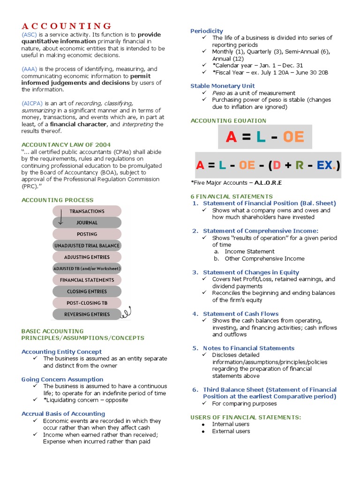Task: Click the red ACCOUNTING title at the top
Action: tap(67, 26)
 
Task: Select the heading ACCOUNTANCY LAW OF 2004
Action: tap(66, 145)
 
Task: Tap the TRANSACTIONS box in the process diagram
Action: tap(87, 211)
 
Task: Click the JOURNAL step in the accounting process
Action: tap(87, 223)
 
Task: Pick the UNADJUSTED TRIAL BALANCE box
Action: tap(87, 246)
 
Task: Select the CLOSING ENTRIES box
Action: tap(87, 292)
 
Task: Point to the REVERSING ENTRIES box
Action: tap(87, 314)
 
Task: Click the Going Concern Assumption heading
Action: tap(62, 379)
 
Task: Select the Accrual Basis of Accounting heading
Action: tap(63, 413)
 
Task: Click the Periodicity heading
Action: tap(207, 31)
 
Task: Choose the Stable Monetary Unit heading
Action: tap(223, 86)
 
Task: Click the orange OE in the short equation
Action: tap(293, 137)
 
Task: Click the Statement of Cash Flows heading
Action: tap(240, 314)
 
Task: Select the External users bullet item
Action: tap(231, 431)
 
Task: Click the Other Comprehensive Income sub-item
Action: tap(264, 258)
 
